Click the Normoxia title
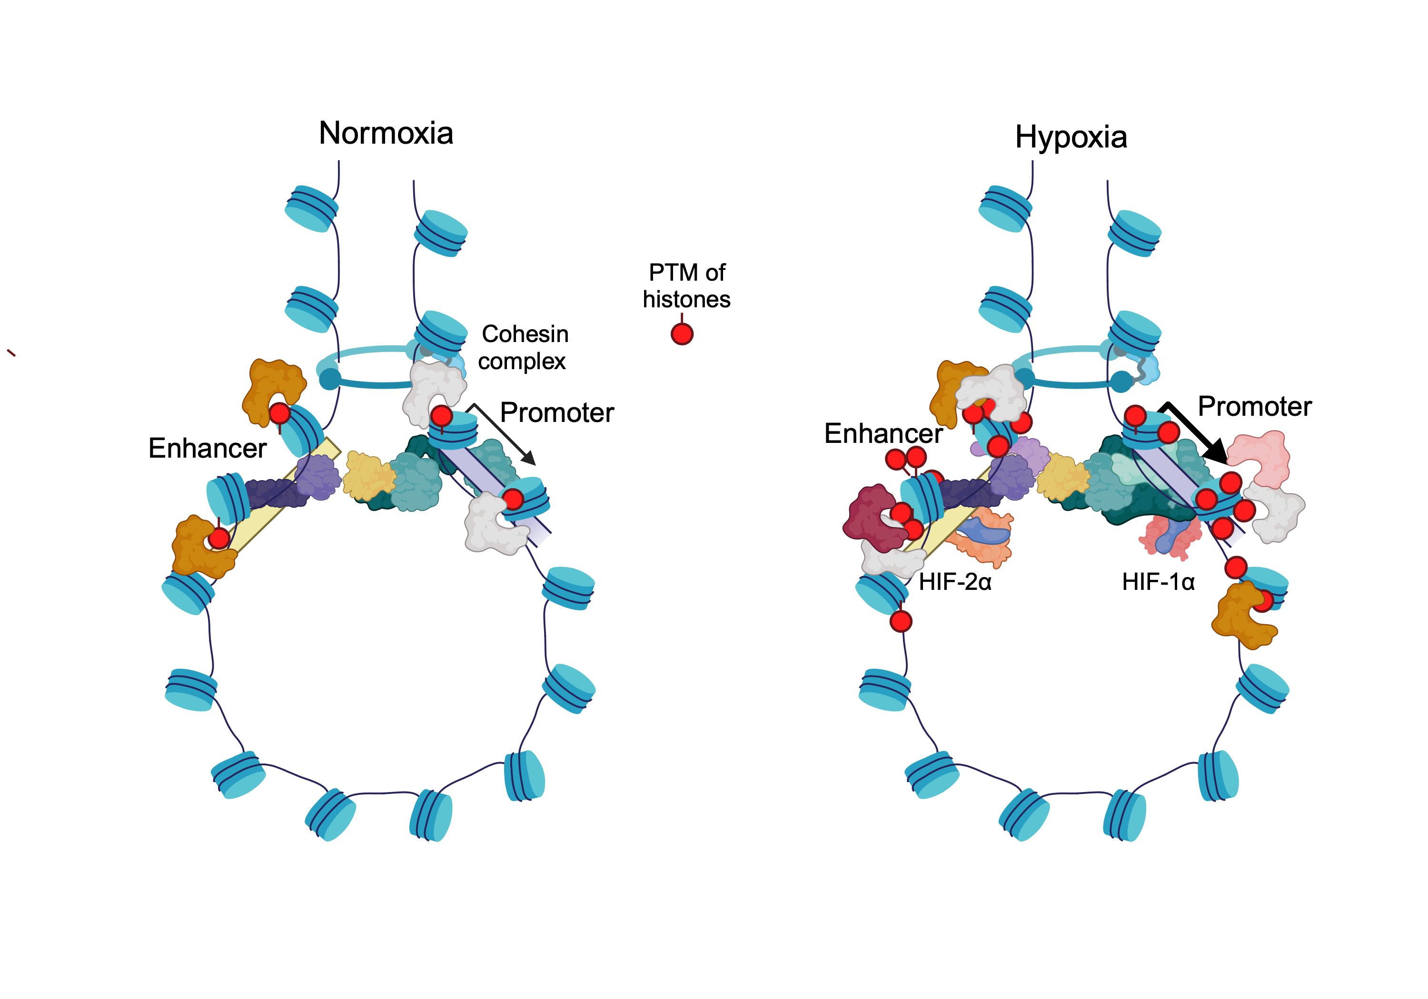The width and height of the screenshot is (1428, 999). (x=386, y=133)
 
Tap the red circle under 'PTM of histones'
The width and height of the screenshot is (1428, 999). (x=682, y=334)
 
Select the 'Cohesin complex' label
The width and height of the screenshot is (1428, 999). (x=524, y=347)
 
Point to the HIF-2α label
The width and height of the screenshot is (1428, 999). (x=955, y=582)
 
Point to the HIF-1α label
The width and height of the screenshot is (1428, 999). (x=1158, y=582)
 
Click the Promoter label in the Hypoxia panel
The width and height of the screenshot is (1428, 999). (x=1254, y=407)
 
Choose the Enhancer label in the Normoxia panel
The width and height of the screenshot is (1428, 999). (x=207, y=448)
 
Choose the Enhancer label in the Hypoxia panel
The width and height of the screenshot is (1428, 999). (x=883, y=433)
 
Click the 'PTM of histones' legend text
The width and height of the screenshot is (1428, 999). (x=687, y=286)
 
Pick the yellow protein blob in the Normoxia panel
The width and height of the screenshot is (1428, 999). (x=368, y=476)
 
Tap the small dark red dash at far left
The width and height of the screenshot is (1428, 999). (x=10, y=353)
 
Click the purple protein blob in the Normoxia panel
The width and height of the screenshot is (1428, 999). (x=318, y=477)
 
